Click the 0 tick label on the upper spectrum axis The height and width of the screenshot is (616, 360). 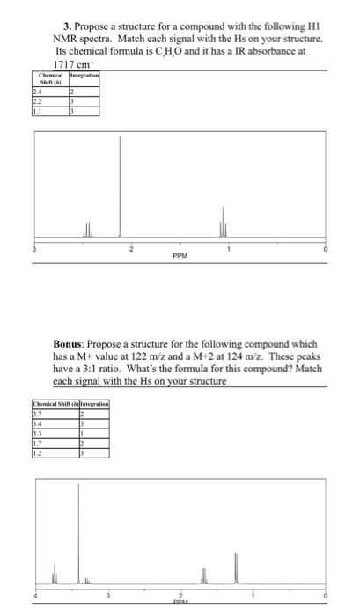click(x=326, y=251)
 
